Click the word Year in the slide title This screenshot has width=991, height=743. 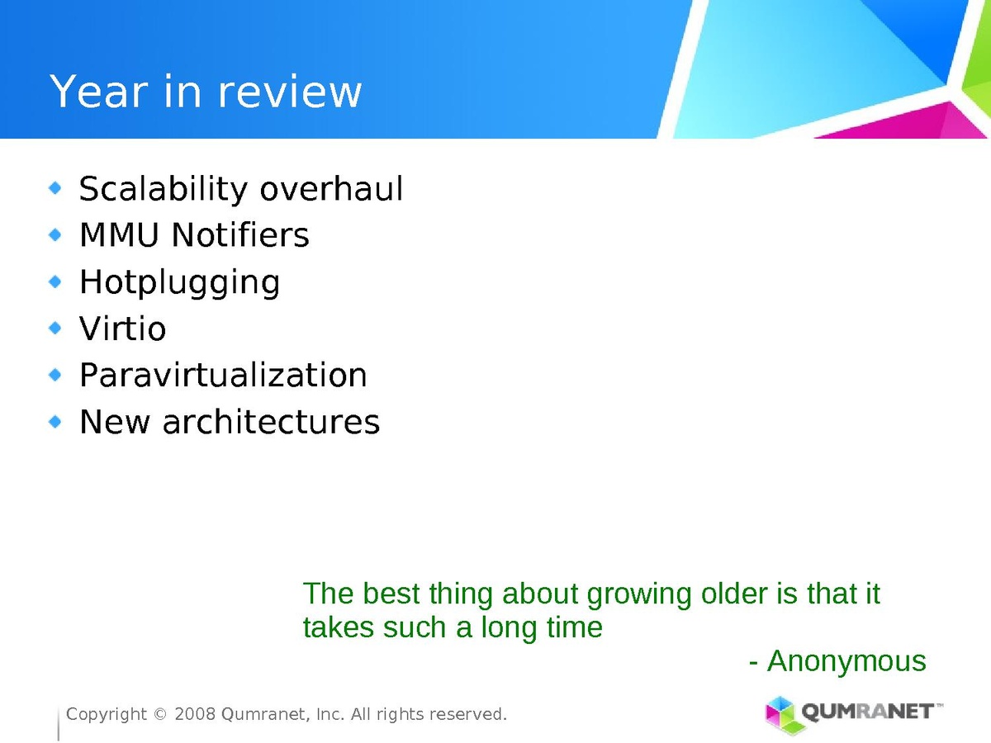[99, 91]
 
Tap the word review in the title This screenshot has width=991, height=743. [290, 91]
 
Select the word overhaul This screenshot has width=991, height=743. [331, 188]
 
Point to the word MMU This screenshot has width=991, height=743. [119, 235]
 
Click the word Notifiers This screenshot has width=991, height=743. [240, 235]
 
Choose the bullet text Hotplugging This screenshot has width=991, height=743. [180, 283]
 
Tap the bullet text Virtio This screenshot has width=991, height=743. [123, 328]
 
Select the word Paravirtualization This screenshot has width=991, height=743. [223, 375]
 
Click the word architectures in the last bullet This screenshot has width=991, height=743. [271, 422]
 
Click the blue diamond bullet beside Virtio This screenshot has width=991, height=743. [55, 328]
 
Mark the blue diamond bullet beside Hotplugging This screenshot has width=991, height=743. [55, 282]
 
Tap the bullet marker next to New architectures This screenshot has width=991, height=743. [55, 422]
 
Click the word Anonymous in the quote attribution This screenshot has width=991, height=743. [846, 661]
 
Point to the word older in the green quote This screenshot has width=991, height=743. [734, 594]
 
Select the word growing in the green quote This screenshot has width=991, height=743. [639, 595]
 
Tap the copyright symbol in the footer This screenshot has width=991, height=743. [160, 715]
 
